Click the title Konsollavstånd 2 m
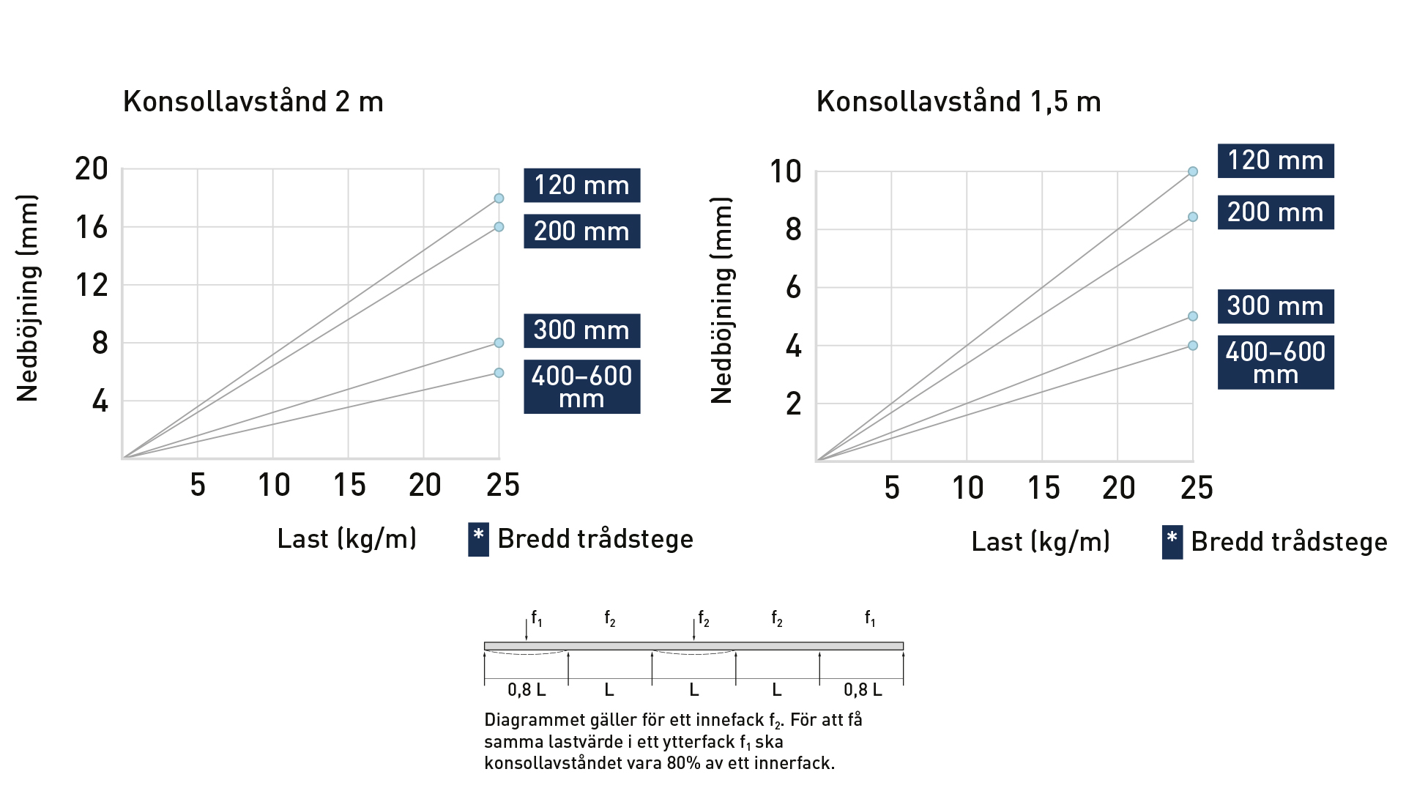[253, 102]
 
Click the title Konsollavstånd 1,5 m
[958, 102]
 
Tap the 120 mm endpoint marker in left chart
[499, 198]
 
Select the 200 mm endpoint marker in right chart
[1193, 217]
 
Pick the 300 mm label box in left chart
[581, 330]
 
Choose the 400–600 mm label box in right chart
[1275, 363]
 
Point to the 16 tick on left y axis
[92, 228]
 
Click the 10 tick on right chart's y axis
[785, 172]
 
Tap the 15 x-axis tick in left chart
[349, 486]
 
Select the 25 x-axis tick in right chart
[1197, 489]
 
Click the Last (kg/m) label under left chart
[346, 539]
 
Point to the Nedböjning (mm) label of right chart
[722, 300]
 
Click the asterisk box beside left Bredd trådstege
[478, 540]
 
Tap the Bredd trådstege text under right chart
[1289, 542]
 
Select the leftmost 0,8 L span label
[526, 690]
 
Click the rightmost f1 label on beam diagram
[870, 619]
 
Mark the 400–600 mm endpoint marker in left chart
[499, 373]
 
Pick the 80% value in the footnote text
[682, 763]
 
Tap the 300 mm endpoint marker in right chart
[1193, 316]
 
